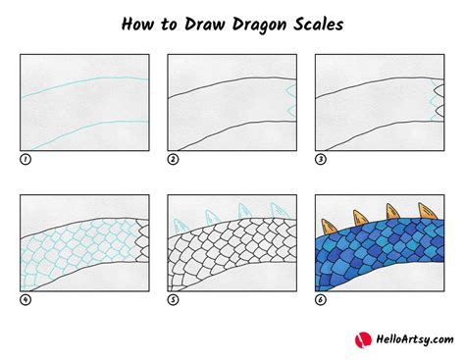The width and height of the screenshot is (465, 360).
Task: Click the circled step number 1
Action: click(x=24, y=157)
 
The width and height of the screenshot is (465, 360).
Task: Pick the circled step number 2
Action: click(x=173, y=157)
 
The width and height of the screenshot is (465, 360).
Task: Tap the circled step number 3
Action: click(x=321, y=157)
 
